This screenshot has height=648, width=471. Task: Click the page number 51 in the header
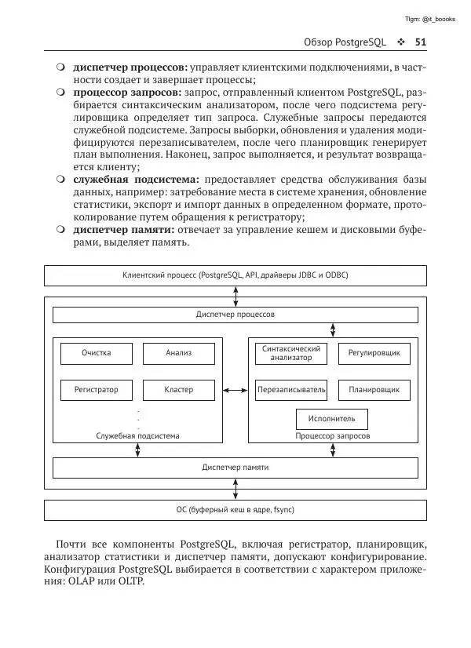coord(420,42)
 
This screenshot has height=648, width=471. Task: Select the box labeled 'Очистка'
coord(97,354)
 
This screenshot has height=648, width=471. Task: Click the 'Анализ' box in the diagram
coord(179,354)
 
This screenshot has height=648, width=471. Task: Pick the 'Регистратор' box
coord(97,390)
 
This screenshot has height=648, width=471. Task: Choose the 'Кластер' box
coord(179,390)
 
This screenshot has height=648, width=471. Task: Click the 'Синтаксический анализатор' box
coord(290,354)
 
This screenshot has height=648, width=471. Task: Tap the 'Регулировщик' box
coord(374,354)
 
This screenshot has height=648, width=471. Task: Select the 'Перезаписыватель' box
coord(290,390)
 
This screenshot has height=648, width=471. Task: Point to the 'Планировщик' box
coord(374,390)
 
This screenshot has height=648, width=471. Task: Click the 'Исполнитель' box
coord(332,419)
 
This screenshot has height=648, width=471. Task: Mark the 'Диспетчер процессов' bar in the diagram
coord(235,315)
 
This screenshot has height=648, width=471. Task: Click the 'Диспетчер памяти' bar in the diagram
coord(235,468)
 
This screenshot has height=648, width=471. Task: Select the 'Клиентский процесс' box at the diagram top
coord(235,276)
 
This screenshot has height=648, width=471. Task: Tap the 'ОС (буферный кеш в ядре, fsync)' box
coord(235,510)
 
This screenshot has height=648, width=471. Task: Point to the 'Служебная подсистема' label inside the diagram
coord(137,436)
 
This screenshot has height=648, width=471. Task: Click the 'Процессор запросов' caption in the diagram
coord(332,436)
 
